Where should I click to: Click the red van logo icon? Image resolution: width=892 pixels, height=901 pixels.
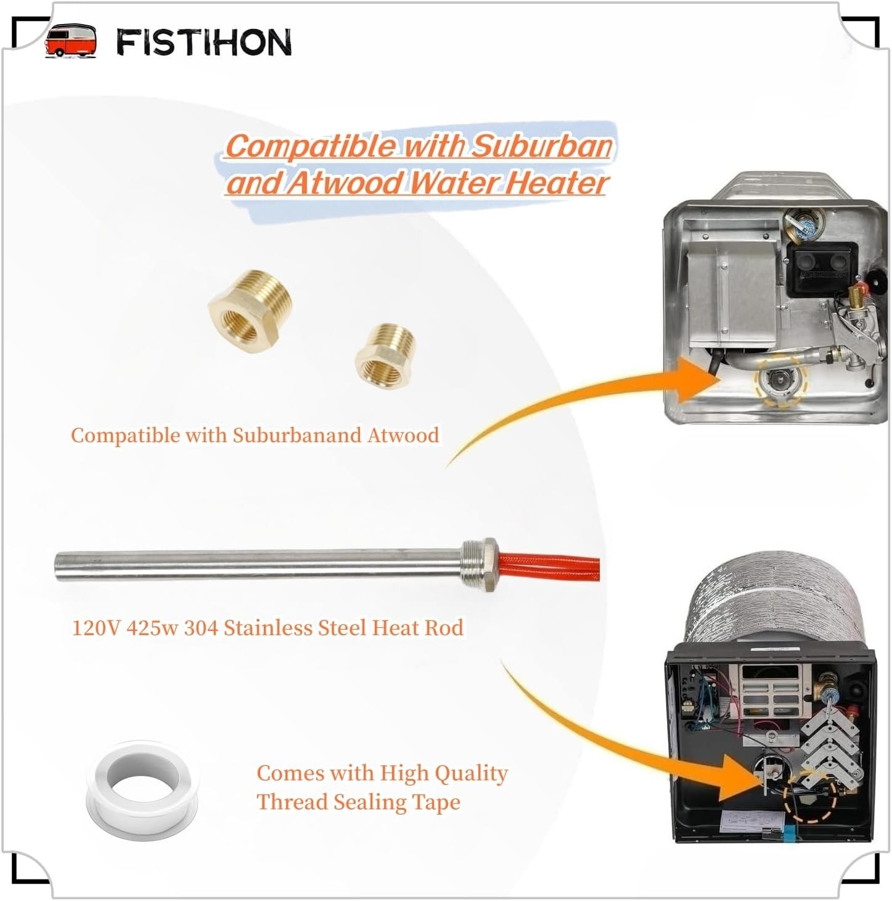click(70, 41)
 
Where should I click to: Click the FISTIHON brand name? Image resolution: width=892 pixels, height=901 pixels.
click(204, 43)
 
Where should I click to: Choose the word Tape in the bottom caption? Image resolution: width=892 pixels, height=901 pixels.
click(437, 802)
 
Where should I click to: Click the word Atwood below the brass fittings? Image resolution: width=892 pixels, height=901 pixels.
click(403, 435)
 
